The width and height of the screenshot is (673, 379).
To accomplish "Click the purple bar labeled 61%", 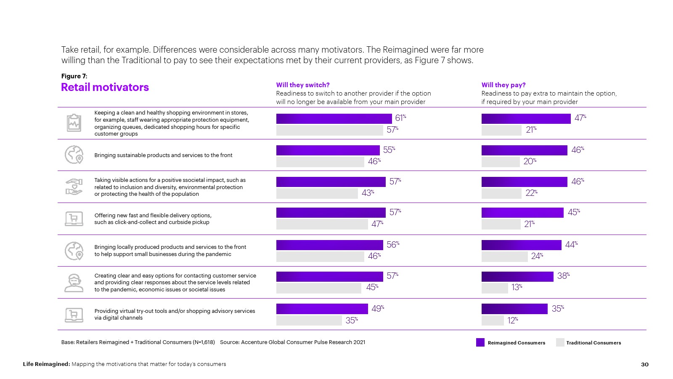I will pos(334,119).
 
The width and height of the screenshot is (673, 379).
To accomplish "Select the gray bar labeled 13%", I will pos(495,288).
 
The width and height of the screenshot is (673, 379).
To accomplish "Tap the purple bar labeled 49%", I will pos(322,309).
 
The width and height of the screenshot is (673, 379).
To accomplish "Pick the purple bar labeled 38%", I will pos(517,277).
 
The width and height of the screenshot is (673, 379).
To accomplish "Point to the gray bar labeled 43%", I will pos(317,193).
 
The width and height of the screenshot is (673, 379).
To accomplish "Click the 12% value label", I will pos(512,320).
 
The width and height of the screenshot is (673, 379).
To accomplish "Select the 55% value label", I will pos(389,150).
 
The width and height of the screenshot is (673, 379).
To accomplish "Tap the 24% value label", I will pos(537,256).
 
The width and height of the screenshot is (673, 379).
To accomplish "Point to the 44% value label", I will pos(571,245).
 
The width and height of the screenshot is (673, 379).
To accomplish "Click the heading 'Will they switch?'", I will pos(303,85).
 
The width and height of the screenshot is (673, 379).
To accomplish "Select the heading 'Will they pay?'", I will pos(503,85).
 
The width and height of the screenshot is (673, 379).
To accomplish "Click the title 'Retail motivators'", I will pos(105,87).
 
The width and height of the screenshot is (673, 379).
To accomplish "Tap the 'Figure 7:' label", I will pos(74,76).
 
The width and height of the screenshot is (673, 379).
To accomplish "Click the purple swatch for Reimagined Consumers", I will pos(480,342).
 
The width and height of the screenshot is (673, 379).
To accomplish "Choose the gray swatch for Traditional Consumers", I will pos(560,342).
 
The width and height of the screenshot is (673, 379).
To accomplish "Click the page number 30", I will pos(645,364).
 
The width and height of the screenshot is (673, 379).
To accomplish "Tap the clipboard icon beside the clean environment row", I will pos(74,123).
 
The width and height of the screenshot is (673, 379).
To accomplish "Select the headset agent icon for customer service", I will pos(74,283).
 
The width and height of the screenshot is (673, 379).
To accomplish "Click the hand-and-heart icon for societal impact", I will pos(74,187).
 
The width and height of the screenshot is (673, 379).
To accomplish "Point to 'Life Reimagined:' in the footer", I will pos(46,364).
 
